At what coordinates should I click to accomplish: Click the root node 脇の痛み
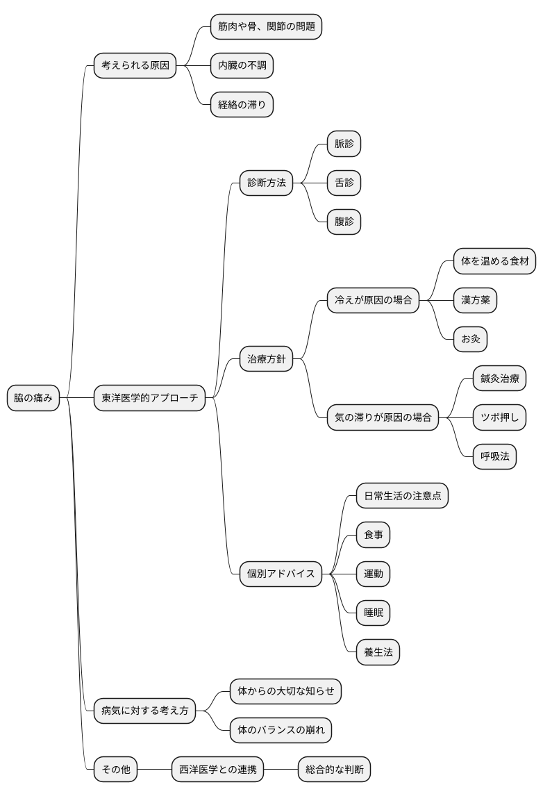(x=33, y=398)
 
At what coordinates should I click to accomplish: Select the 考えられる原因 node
(x=135, y=65)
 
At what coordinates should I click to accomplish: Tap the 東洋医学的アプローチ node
(x=150, y=398)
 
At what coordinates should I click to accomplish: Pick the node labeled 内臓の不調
(x=242, y=65)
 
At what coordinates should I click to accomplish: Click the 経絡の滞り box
(x=242, y=105)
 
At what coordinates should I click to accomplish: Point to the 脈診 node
(x=344, y=144)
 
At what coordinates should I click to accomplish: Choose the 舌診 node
(x=344, y=183)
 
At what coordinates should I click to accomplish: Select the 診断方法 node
(x=267, y=183)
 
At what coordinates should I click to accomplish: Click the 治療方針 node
(x=267, y=359)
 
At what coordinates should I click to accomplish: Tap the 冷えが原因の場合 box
(x=373, y=300)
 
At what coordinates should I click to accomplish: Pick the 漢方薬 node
(x=476, y=300)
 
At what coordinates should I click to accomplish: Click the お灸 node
(x=470, y=339)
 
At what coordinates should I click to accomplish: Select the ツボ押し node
(x=499, y=417)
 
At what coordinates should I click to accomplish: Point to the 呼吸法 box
(x=495, y=456)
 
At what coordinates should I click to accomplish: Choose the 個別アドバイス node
(x=281, y=574)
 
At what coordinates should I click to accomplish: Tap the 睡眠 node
(x=373, y=613)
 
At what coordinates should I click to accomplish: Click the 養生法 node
(x=378, y=652)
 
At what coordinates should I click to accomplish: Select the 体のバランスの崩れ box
(x=281, y=730)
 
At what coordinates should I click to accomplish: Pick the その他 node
(x=116, y=769)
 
